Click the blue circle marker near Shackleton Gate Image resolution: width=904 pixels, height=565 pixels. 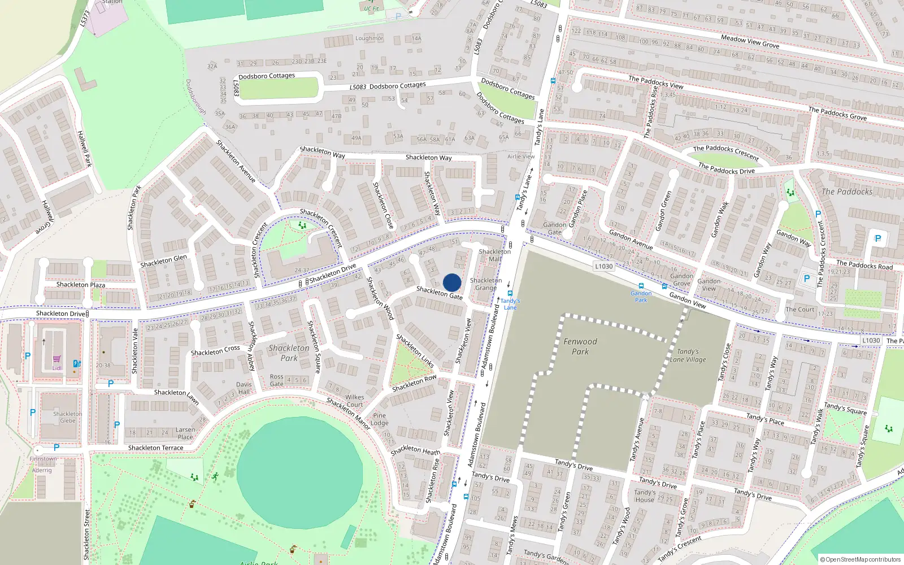(452, 282)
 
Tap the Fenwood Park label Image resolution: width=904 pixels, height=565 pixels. (580, 346)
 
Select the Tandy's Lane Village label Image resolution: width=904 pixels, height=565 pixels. (688, 355)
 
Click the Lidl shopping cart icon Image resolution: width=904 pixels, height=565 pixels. (57, 359)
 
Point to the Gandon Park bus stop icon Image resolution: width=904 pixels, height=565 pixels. (641, 286)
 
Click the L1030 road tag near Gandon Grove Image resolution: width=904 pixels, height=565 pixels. (603, 266)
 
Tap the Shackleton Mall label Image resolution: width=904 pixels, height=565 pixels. (494, 255)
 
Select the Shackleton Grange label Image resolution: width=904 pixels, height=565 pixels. (486, 284)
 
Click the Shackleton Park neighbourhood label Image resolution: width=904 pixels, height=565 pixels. (289, 353)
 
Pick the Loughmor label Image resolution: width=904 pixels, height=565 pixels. (369, 38)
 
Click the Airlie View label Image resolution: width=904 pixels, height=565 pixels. (520, 157)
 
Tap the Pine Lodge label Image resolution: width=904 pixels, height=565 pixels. (379, 419)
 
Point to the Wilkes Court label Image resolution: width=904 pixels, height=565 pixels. (354, 401)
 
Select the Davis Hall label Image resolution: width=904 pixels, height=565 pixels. (244, 388)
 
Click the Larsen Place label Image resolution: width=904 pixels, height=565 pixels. (185, 433)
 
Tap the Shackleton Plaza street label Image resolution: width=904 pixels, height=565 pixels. (81, 285)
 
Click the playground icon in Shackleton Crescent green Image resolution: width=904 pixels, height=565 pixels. (302, 225)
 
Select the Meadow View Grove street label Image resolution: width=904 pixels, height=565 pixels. (750, 41)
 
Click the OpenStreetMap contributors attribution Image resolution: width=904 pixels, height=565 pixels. (860, 559)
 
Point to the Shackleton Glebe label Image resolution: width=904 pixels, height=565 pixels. (67, 417)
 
